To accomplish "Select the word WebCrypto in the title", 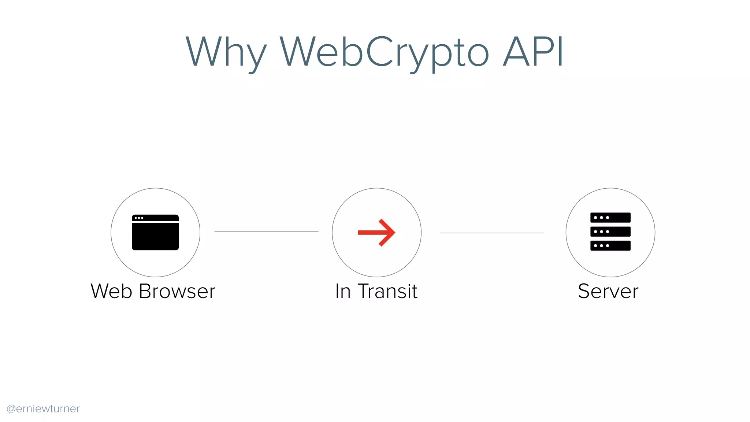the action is (x=384, y=53).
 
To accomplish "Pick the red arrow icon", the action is (x=376, y=233).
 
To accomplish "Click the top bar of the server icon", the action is (x=610, y=218).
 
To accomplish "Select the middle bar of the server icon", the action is (x=610, y=232).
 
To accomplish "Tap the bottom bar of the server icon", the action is (x=610, y=245).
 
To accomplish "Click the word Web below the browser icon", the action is (x=111, y=291).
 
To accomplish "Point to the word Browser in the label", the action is (x=177, y=291).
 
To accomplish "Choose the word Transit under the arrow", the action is (x=387, y=291).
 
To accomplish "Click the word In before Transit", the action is (x=343, y=291).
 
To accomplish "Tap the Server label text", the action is (x=608, y=291).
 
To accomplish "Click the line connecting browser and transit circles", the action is (x=266, y=231).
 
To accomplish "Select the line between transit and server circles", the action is (x=492, y=233).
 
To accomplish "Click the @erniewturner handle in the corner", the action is (x=43, y=408).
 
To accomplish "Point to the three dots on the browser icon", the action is (x=139, y=218).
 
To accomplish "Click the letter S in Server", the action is (x=584, y=291).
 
